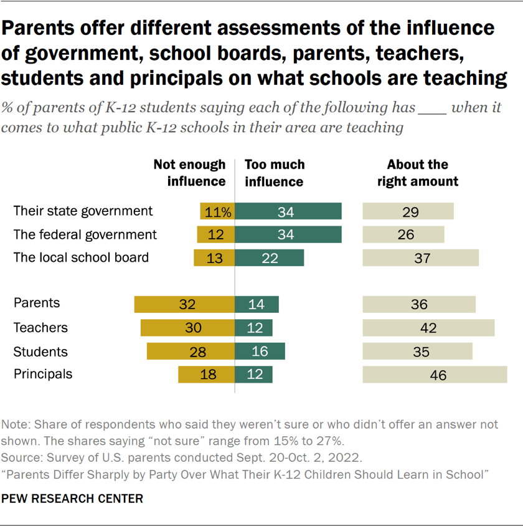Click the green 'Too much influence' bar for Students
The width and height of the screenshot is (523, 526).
click(x=260, y=351)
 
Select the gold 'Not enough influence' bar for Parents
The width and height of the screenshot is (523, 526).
click(x=184, y=304)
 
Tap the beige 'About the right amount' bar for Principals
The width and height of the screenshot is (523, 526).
click(x=435, y=375)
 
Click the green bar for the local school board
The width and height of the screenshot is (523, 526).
click(x=269, y=257)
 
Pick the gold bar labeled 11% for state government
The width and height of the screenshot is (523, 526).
click(x=217, y=211)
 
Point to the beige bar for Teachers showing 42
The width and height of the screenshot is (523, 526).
click(x=428, y=328)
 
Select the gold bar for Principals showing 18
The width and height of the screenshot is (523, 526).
click(x=206, y=375)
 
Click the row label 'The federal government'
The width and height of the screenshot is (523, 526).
click(x=85, y=234)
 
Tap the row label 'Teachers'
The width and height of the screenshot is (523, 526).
click(x=40, y=328)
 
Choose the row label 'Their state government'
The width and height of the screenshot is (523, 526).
click(x=83, y=211)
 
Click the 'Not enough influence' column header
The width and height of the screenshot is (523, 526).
click(x=190, y=173)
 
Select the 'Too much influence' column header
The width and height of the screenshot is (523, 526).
click(x=275, y=173)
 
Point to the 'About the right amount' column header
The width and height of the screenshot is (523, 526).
click(x=418, y=173)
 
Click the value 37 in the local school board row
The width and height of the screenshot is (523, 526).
click(x=422, y=258)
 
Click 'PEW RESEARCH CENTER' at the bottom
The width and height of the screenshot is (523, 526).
click(x=72, y=499)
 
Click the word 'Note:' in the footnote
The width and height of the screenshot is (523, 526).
click(x=16, y=424)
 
